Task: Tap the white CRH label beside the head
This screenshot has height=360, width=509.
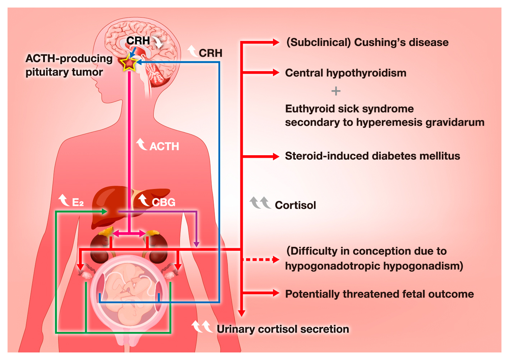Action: coord(210,53)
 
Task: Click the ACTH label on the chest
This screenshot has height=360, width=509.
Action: coord(164,147)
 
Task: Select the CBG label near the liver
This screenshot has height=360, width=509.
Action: coord(163,202)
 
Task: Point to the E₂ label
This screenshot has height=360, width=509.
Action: coord(78,203)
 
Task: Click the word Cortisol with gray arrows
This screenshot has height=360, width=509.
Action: coord(295,205)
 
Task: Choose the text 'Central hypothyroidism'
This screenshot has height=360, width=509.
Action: coord(346,73)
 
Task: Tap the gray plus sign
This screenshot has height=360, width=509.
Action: coord(336,91)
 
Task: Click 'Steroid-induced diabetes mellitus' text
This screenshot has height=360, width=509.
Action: coord(373,156)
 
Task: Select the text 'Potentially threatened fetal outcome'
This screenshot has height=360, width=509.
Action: coord(379,294)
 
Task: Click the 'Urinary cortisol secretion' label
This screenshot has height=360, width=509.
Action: coord(283,329)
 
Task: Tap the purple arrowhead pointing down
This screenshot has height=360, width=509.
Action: coord(196,244)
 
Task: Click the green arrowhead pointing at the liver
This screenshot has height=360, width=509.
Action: coord(105,212)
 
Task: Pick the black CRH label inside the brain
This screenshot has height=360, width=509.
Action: coord(138,41)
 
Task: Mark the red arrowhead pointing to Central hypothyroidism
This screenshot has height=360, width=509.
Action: coord(276,73)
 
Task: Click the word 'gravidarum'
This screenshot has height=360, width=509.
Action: coord(455,123)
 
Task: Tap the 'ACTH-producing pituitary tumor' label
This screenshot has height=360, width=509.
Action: coord(69,65)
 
